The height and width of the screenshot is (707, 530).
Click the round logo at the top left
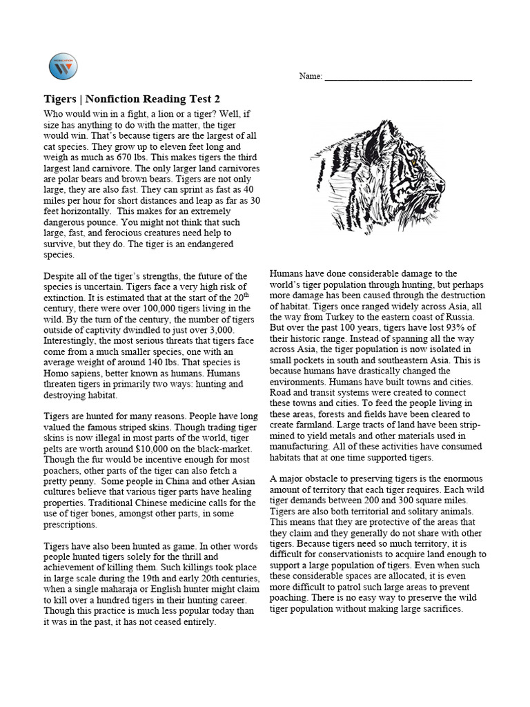[x=63, y=66]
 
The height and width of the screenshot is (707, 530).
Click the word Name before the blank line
[x=310, y=76]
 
